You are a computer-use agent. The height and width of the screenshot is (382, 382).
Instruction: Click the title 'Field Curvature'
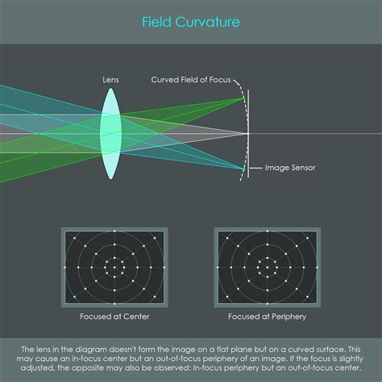click(x=191, y=22)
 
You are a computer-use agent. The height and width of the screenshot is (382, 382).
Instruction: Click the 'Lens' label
click(x=110, y=80)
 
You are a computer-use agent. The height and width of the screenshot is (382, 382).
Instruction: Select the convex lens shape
click(x=110, y=134)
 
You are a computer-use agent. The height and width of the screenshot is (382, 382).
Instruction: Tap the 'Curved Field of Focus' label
click(x=191, y=80)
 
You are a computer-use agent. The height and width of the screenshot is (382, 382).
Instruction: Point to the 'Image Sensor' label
click(x=290, y=168)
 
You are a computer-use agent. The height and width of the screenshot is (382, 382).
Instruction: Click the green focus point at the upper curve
click(x=243, y=98)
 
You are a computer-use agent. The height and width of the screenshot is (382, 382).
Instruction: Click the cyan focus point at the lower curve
click(x=243, y=169)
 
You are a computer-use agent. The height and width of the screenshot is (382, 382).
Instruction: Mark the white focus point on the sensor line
click(x=247, y=134)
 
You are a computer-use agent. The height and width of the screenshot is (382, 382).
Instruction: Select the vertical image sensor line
click(x=248, y=134)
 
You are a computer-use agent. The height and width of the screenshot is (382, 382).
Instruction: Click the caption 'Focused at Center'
click(x=114, y=317)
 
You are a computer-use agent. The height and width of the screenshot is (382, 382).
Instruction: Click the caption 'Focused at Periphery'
click(x=268, y=317)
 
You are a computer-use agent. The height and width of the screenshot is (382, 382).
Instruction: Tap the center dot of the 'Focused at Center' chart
click(x=114, y=268)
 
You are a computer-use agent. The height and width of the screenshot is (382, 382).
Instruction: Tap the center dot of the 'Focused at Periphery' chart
click(x=268, y=268)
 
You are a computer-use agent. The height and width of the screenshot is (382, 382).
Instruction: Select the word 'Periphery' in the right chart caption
click(x=289, y=317)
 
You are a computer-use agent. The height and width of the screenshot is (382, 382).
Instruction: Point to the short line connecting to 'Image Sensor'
click(x=256, y=168)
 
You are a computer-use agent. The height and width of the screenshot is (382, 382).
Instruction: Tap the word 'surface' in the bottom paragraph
click(x=330, y=350)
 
